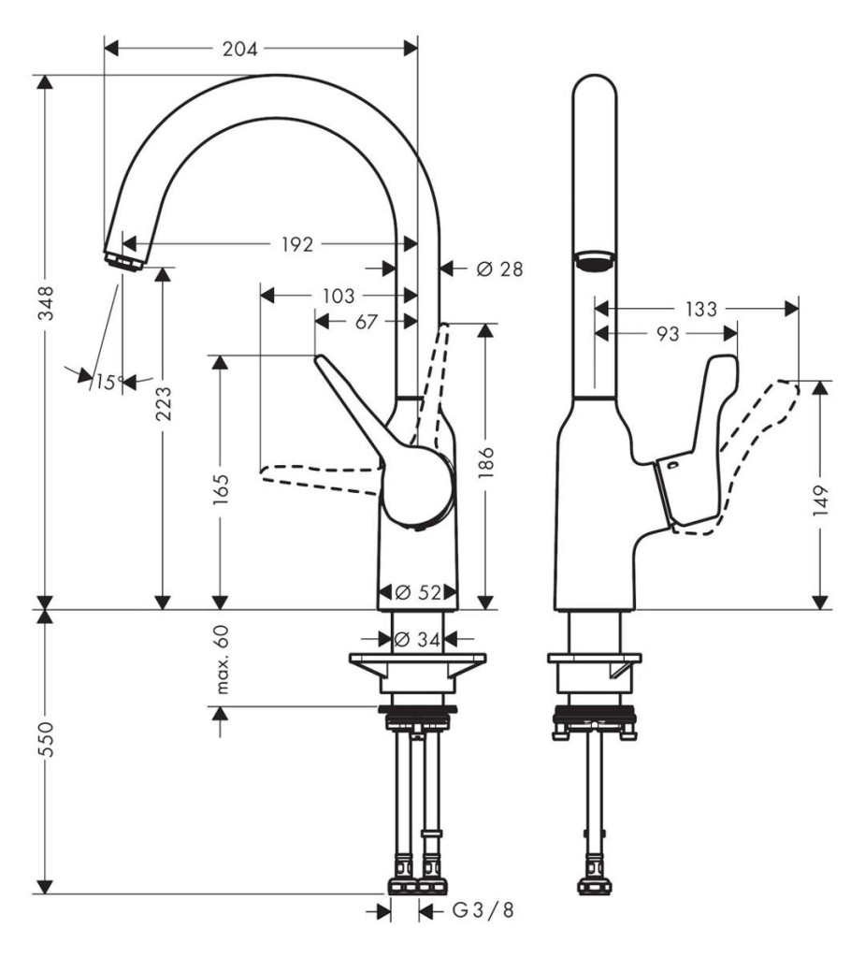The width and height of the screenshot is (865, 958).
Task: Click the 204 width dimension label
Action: tap(239, 49)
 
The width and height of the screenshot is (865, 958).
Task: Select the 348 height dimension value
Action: tap(47, 303)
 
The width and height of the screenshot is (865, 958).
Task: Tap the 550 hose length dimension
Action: tap(47, 739)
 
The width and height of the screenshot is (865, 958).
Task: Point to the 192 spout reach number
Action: tap(297, 244)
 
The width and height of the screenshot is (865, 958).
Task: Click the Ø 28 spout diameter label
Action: tap(499, 269)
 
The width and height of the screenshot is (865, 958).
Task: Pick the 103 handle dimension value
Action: tap(338, 297)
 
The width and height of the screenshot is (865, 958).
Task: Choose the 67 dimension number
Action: tap(366, 322)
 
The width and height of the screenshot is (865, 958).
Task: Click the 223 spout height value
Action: tap(164, 404)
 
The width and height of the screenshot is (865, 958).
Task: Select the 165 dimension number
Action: tap(221, 488)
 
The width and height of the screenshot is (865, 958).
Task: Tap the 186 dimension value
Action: tap(486, 462)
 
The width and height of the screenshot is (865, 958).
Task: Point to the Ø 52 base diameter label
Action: tap(418, 592)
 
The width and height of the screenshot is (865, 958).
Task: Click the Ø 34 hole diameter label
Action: tap(418, 640)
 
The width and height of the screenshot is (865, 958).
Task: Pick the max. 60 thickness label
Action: tap(222, 660)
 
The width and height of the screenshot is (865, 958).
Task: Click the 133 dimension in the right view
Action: tap(700, 309)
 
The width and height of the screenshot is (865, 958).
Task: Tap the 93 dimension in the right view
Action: tap(668, 334)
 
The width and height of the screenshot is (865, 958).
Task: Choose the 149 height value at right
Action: tap(821, 501)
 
